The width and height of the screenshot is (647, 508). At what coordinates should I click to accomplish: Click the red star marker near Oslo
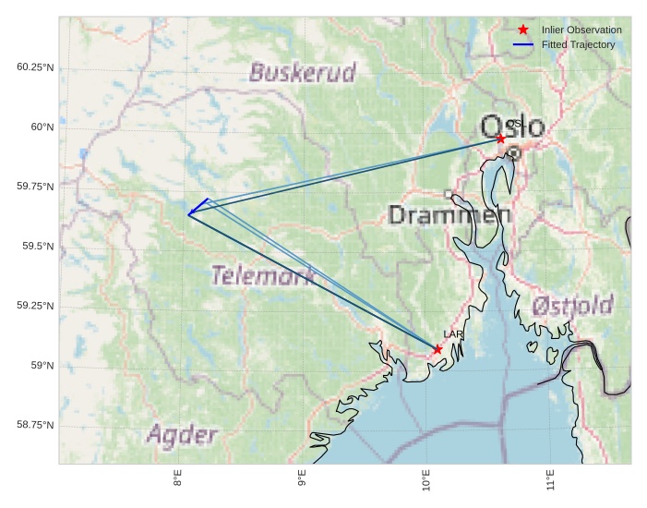coord(500,138)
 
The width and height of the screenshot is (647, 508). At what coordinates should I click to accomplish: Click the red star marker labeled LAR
coord(437,348)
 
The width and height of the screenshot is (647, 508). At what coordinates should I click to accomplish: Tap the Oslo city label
coord(512,127)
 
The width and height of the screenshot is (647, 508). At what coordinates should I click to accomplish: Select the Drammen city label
coord(449,216)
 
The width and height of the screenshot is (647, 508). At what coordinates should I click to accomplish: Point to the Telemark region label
coord(262,275)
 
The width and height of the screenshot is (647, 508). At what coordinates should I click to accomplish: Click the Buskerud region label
coord(303,73)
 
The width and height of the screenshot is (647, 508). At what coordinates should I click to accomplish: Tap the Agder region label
coord(182,435)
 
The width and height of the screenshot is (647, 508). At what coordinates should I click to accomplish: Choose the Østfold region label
coord(573,306)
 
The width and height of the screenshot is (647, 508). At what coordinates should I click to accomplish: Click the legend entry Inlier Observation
coord(581,30)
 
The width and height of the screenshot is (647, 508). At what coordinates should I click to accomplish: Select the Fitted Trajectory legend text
coord(578,44)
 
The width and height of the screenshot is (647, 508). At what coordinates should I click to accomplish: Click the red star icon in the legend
coord(523,30)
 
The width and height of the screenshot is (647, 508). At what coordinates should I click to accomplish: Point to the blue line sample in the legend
coord(523,44)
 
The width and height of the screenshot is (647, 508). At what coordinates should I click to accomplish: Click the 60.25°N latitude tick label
coord(35,67)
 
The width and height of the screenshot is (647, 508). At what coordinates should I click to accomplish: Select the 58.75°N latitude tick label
coord(35,425)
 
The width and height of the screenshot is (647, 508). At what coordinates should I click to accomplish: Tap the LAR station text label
coord(452,334)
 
